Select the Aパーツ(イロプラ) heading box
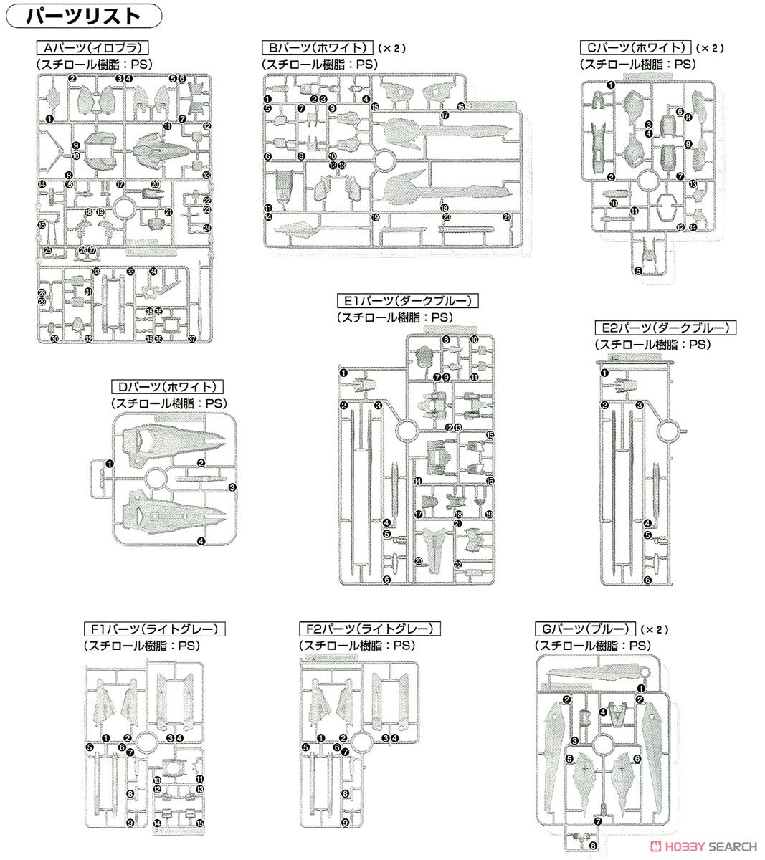click(x=92, y=49)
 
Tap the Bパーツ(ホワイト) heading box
click(x=317, y=49)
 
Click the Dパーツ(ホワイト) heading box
click(x=168, y=387)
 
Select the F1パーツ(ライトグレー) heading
click(x=154, y=629)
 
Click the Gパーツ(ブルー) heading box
click(x=585, y=629)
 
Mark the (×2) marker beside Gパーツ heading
click(x=653, y=630)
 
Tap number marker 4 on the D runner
click(x=201, y=541)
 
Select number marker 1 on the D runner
click(x=109, y=464)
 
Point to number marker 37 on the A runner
click(x=191, y=340)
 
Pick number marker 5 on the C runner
click(x=638, y=271)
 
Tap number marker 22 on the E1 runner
click(x=458, y=565)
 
